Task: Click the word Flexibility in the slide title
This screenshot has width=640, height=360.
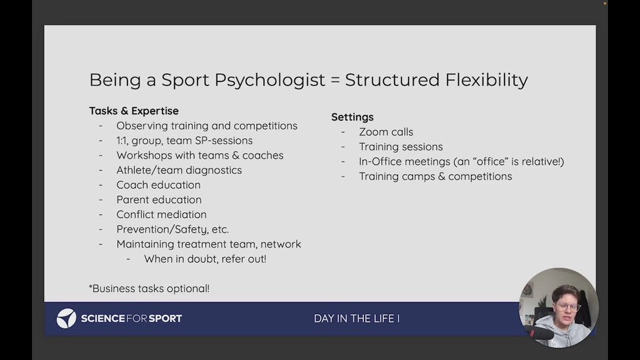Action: [x=487, y=80]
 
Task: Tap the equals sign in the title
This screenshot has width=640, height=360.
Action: [x=335, y=80]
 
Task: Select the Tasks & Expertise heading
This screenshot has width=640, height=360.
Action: [x=134, y=111]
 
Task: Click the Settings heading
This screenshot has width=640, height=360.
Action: [x=352, y=117]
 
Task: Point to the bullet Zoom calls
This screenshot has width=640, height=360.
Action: [x=386, y=132]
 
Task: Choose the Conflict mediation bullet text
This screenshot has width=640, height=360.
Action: [x=161, y=214]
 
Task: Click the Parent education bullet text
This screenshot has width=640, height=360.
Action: [x=159, y=199]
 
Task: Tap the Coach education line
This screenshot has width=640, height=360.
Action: [x=159, y=185]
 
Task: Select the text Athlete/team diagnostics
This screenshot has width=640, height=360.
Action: [x=179, y=170]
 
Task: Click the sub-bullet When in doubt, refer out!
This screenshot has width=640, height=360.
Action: [x=205, y=259]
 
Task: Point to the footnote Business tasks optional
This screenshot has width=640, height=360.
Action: [x=149, y=289]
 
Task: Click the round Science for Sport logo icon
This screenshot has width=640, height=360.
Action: [x=66, y=319]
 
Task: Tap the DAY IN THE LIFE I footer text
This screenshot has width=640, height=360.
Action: [x=357, y=319]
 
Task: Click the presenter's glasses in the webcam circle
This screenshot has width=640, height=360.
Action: [x=568, y=307]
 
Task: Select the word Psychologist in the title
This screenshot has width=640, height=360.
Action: [x=270, y=81]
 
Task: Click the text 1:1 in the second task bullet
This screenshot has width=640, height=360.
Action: [x=121, y=141]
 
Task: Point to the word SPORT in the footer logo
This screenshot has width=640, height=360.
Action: [x=165, y=319]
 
